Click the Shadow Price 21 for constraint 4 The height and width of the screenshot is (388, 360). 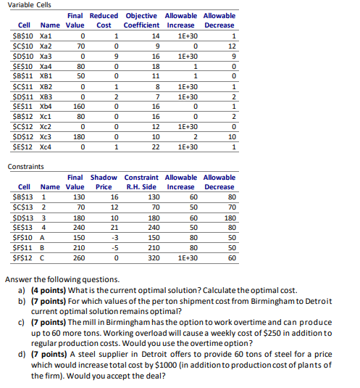pyautogui.click(x=114, y=226)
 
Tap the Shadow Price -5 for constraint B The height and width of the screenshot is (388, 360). pyautogui.click(x=114, y=246)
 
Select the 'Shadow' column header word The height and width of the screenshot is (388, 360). pyautogui.click(x=104, y=176)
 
